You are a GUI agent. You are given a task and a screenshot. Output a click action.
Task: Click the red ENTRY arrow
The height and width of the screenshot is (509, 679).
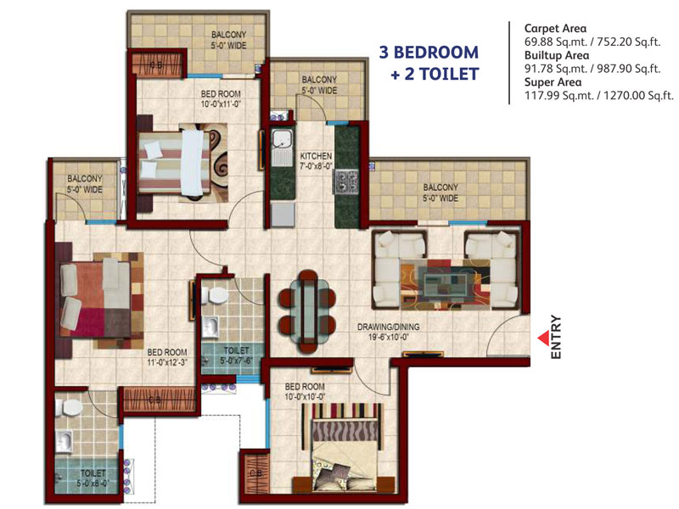(543, 338)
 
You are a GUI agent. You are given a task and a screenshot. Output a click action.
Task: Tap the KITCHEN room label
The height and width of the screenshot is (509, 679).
(316, 156)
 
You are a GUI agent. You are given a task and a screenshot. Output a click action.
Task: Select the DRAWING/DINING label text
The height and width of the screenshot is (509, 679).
(389, 327)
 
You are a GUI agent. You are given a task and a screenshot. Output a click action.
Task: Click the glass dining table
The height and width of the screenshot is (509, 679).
(308, 307)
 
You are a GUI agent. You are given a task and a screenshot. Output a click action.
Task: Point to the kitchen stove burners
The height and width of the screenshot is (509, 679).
(345, 182)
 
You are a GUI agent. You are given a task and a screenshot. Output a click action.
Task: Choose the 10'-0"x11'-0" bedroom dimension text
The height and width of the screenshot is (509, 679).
(221, 103)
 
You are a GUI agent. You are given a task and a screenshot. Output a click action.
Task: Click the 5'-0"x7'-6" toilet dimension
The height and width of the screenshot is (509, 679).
(236, 361)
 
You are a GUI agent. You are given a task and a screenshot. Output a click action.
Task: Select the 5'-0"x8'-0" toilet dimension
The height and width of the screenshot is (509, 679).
(93, 483)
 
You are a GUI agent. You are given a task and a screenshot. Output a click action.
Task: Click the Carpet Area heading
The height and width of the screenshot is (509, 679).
(556, 29)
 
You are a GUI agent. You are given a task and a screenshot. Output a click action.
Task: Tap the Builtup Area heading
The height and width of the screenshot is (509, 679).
(557, 55)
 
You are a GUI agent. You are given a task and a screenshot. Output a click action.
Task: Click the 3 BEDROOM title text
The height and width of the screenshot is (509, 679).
(429, 53)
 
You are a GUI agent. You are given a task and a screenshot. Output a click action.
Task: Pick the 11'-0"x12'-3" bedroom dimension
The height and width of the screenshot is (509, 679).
(166, 362)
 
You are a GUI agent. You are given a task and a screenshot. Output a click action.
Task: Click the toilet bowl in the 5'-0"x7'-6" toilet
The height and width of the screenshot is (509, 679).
(216, 295)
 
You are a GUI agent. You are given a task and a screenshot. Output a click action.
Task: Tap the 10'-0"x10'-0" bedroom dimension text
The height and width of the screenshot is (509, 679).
(305, 396)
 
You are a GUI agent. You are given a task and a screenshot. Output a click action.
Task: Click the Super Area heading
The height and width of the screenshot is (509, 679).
(553, 82)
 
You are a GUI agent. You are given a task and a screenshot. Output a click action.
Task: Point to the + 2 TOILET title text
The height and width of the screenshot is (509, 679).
(435, 74)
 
